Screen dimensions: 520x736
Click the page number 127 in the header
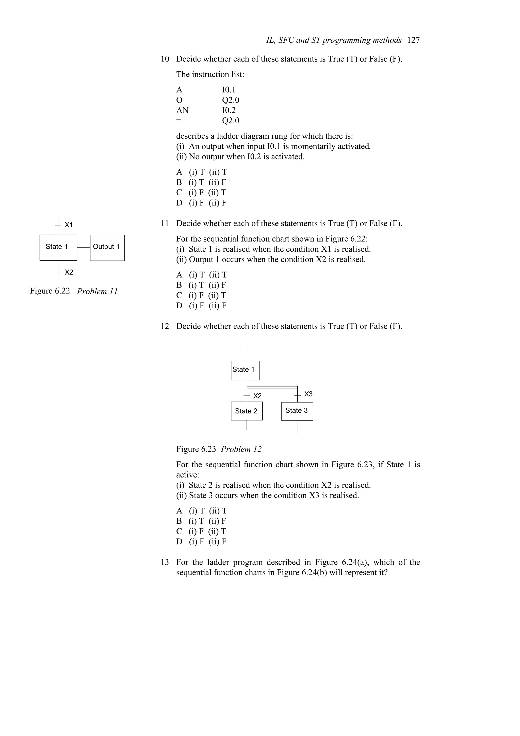[413, 40]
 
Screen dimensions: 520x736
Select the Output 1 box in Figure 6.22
[107, 247]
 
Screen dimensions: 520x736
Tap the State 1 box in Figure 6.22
[58, 247]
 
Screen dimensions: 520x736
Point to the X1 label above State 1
[69, 225]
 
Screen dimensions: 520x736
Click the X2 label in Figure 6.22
[69, 273]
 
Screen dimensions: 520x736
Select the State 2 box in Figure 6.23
[246, 411]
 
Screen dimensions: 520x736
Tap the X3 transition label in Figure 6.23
[308, 394]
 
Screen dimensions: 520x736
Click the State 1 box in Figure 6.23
[245, 370]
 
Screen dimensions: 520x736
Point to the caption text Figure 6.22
[50, 291]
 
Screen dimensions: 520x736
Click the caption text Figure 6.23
[196, 449]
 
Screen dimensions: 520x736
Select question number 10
[165, 59]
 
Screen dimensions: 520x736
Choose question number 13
[165, 562]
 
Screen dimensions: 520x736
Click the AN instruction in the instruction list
[182, 110]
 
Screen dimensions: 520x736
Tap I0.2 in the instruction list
[229, 110]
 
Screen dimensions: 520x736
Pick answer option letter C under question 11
[179, 295]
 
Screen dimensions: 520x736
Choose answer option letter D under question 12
[179, 541]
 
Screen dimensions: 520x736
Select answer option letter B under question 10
[179, 182]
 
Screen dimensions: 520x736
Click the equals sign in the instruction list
[178, 121]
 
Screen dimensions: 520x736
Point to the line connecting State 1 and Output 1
[84, 247]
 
